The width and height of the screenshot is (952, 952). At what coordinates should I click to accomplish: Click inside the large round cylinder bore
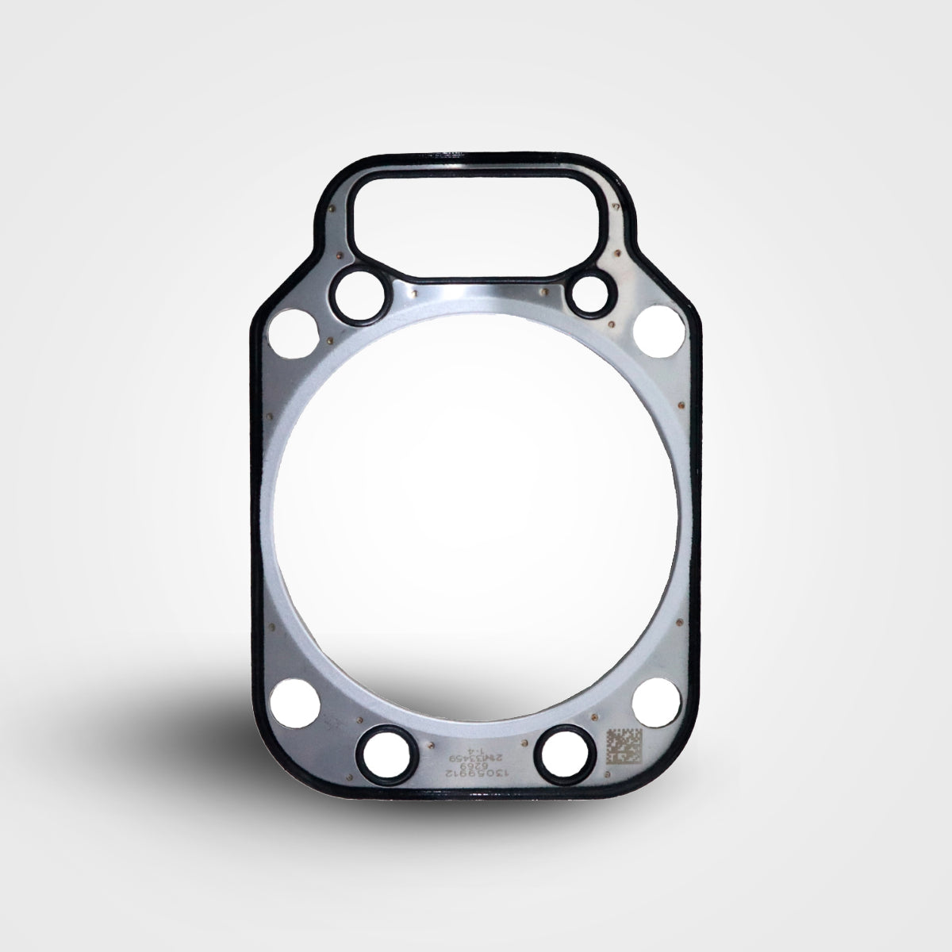476,516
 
